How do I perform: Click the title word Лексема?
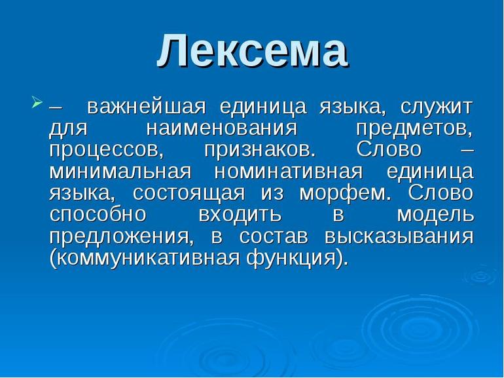[252, 50]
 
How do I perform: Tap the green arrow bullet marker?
[37, 102]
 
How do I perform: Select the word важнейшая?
[146, 107]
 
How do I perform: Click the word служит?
[437, 107]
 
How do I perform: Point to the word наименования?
[222, 128]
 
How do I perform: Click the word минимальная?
[120, 172]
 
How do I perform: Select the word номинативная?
[288, 172]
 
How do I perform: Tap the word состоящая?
[189, 194]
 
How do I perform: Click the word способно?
[98, 215]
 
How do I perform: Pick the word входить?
[240, 216]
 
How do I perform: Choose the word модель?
[435, 216]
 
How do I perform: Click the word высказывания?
[399, 237]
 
